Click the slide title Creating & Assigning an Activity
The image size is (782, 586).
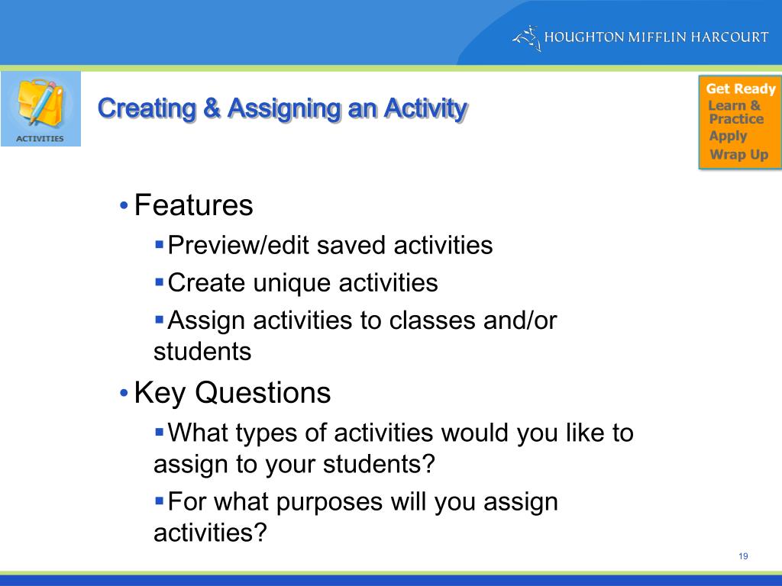point(282,109)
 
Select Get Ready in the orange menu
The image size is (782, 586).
point(740,89)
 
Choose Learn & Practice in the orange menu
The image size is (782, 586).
point(735,112)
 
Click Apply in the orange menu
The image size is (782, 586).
point(728,137)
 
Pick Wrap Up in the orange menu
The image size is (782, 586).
point(738,155)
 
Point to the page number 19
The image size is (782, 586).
point(743,556)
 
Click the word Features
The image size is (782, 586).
point(193,206)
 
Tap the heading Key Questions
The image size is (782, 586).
point(232,394)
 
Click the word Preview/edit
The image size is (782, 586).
point(238,246)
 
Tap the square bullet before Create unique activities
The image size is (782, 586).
point(159,282)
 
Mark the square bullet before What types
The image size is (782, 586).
point(159,432)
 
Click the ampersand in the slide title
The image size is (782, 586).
point(211,109)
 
